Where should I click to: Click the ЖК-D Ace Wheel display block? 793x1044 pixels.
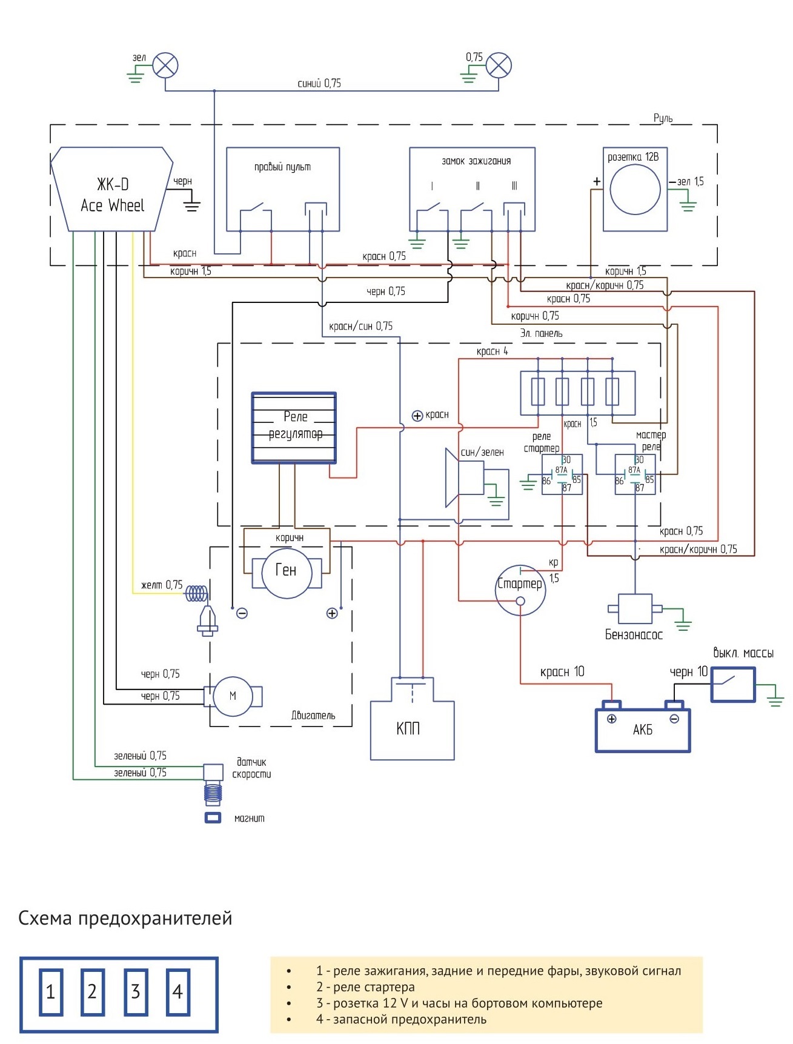pyautogui.click(x=112, y=189)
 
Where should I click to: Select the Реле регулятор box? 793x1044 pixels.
pyautogui.click(x=294, y=428)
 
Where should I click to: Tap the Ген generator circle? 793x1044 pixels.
pyautogui.click(x=286, y=573)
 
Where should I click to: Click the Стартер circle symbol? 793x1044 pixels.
pyautogui.click(x=520, y=590)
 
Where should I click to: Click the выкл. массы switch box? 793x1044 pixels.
pyautogui.click(x=733, y=685)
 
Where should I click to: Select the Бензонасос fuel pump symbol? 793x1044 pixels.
pyautogui.click(x=635, y=608)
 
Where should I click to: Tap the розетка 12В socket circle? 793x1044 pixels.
pyautogui.click(x=635, y=189)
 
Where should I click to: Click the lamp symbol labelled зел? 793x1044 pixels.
pyautogui.click(x=165, y=65)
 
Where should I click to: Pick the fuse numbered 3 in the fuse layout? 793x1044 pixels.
pyautogui.click(x=136, y=992)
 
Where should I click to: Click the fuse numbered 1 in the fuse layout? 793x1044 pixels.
pyautogui.click(x=51, y=992)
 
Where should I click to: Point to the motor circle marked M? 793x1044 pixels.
pyautogui.click(x=233, y=696)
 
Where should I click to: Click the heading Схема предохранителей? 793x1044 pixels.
pyautogui.click(x=125, y=918)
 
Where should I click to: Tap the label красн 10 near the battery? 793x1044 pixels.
pyautogui.click(x=562, y=671)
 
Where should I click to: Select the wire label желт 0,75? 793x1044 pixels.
pyautogui.click(x=162, y=585)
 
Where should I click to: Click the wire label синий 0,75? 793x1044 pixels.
pyautogui.click(x=319, y=83)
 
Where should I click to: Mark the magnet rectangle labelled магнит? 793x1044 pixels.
pyautogui.click(x=213, y=818)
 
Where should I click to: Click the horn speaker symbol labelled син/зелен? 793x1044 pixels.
pyautogui.click(x=465, y=477)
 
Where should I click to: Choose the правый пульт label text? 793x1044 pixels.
pyautogui.click(x=282, y=167)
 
